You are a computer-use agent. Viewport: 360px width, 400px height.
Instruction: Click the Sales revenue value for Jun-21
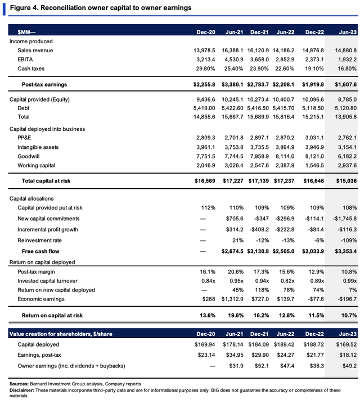[232, 51]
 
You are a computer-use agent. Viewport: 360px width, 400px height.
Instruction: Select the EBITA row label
[25, 60]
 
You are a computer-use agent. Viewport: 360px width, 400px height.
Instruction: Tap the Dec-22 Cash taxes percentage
[314, 69]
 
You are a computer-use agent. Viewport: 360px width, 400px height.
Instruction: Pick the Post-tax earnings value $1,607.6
[345, 84]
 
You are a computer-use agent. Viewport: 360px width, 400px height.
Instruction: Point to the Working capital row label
[36, 166]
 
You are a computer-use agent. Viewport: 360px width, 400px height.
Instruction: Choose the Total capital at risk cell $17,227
[233, 181]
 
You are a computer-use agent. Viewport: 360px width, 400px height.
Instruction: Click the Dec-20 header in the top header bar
[206, 32]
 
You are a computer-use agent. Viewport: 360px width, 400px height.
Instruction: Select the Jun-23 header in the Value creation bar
[348, 334]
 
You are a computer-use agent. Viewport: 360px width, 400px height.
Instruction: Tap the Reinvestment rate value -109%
[349, 240]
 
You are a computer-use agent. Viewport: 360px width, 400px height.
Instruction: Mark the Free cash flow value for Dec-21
[258, 252]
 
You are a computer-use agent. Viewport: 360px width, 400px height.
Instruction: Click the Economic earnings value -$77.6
[316, 299]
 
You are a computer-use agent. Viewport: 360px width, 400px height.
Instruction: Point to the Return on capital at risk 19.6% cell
[236, 316]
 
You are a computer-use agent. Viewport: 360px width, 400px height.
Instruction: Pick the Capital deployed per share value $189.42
[284, 344]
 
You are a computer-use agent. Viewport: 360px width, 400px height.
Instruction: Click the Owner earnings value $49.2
[349, 366]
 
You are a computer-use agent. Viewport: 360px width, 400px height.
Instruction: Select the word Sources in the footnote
[19, 384]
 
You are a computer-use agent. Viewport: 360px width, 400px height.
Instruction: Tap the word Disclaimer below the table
[22, 390]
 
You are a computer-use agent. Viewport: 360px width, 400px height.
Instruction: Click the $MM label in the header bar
[26, 32]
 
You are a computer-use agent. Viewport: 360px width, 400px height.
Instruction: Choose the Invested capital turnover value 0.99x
[350, 281]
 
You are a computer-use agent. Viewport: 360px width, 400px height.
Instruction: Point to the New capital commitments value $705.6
[235, 219]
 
